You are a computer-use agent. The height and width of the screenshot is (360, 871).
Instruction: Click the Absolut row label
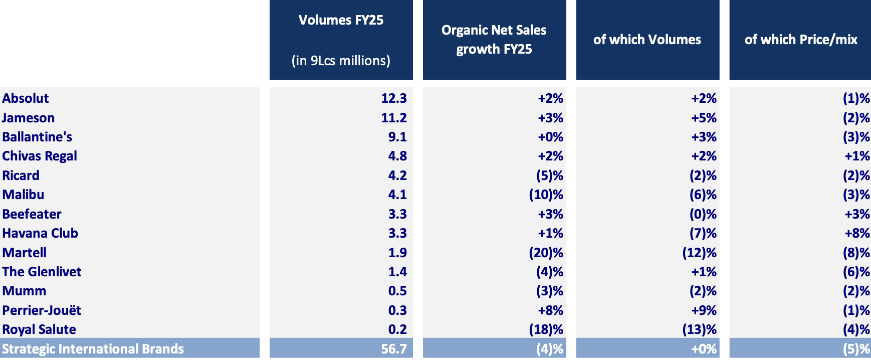click(26, 98)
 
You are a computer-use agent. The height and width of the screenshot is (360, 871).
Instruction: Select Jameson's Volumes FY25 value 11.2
click(393, 118)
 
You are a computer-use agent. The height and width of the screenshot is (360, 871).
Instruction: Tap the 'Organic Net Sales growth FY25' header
click(494, 40)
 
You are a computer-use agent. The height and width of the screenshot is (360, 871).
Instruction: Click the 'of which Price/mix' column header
click(800, 40)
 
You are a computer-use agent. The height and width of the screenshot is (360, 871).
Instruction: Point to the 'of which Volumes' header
click(647, 40)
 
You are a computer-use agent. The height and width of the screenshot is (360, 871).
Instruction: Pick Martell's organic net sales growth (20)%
click(546, 253)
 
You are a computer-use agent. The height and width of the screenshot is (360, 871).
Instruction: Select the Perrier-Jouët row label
click(42, 310)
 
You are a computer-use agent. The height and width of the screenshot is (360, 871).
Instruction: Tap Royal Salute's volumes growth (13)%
click(699, 329)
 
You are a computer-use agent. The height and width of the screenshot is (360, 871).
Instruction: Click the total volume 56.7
click(393, 349)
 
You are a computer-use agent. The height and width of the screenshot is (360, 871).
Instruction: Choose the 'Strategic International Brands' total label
click(93, 349)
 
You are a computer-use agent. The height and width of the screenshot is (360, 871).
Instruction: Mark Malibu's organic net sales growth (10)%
click(546, 195)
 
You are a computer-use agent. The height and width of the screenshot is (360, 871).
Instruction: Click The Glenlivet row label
click(42, 272)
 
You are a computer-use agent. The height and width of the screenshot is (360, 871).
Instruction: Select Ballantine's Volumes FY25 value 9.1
click(397, 137)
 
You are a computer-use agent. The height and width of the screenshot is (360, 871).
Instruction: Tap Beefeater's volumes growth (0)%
click(703, 214)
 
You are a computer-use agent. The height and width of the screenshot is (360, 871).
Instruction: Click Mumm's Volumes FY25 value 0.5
click(397, 291)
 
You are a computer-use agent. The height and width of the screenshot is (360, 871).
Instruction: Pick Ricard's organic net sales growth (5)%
click(549, 175)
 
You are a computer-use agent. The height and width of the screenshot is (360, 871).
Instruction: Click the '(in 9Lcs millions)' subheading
click(341, 61)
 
